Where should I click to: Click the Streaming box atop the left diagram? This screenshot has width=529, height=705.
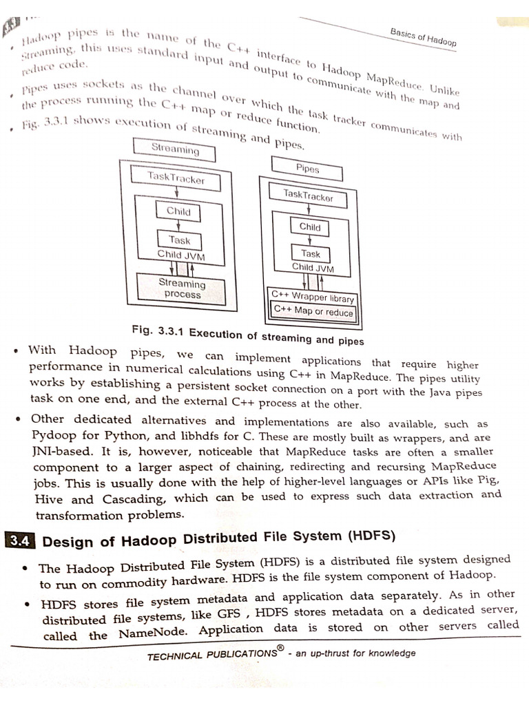[x=175, y=149]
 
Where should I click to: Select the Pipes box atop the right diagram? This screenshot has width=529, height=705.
[x=307, y=167]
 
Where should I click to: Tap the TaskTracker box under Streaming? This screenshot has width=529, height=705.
[x=176, y=178]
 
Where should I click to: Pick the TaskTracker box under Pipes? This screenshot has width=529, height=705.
[x=308, y=196]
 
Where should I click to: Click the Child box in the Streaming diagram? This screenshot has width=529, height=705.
[x=178, y=211]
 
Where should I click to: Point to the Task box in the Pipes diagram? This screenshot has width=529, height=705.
[x=310, y=253]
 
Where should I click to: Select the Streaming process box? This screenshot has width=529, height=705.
[x=182, y=288]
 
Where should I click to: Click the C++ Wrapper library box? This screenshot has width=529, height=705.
[x=313, y=297]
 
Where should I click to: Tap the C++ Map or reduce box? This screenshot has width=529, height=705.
[x=313, y=311]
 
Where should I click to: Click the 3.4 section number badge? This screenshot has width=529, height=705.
[x=19, y=541]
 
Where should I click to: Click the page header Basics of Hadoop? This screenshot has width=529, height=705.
[x=422, y=35]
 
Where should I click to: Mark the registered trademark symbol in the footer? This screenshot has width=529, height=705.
[x=280, y=649]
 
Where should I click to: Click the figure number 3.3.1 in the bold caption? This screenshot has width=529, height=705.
[x=172, y=333]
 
